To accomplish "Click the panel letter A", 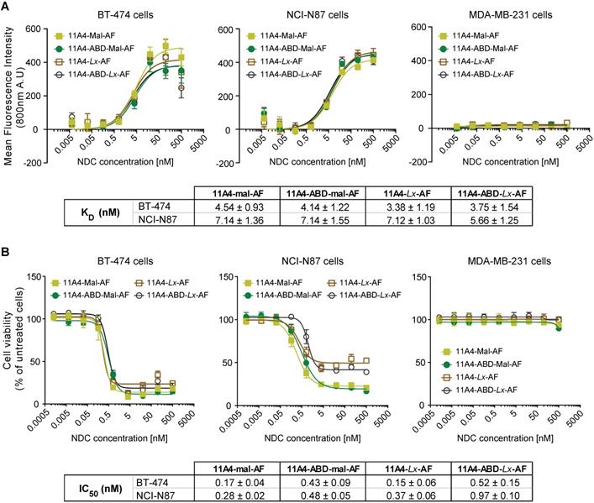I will coord(7,8).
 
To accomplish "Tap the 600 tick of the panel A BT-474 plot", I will coord(35,28).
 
